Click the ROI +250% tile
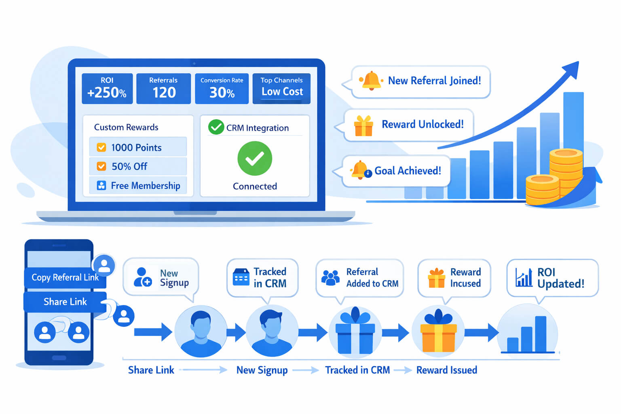tap(107, 88)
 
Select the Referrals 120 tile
tap(163, 88)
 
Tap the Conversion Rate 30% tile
tap(222, 88)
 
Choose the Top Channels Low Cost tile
tap(281, 88)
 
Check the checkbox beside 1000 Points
tap(101, 148)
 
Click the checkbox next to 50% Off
tap(101, 166)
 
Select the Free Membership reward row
tap(138, 186)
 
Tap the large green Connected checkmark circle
tap(255, 158)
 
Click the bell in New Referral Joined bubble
tap(371, 80)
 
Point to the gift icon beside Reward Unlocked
tap(363, 126)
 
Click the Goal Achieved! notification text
tap(408, 171)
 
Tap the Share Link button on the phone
tap(65, 302)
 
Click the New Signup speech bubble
tap(161, 278)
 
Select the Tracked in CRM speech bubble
tap(262, 277)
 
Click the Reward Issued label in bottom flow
tap(446, 370)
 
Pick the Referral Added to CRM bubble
tap(359, 277)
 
